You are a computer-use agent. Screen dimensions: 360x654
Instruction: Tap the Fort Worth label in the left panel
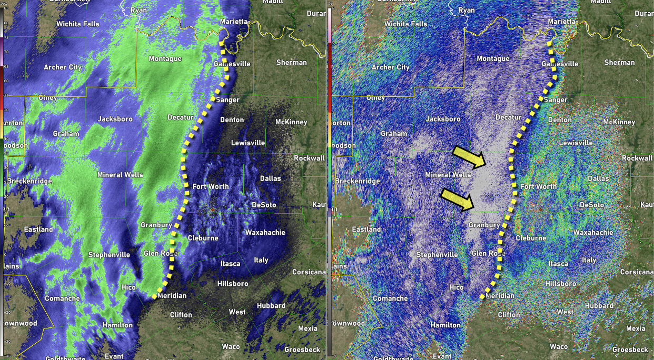210,186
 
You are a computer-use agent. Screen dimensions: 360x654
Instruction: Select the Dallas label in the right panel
598,178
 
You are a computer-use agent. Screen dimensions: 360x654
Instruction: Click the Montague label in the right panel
493,59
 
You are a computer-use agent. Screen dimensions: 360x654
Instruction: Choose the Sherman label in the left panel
292,62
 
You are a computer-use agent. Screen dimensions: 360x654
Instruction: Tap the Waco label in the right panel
559,346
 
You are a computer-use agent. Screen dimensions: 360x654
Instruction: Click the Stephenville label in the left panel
109,255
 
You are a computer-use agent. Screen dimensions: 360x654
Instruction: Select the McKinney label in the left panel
291,122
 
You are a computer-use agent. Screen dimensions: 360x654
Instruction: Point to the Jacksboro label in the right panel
443,119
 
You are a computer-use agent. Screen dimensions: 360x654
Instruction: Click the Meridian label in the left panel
172,296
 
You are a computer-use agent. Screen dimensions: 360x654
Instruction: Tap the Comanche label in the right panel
390,298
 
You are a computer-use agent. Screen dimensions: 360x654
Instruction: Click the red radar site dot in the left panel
212,210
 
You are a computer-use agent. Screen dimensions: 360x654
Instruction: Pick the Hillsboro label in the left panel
233,284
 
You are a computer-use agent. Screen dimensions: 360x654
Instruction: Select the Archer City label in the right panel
390,67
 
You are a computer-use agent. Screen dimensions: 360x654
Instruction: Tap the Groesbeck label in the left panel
303,349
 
